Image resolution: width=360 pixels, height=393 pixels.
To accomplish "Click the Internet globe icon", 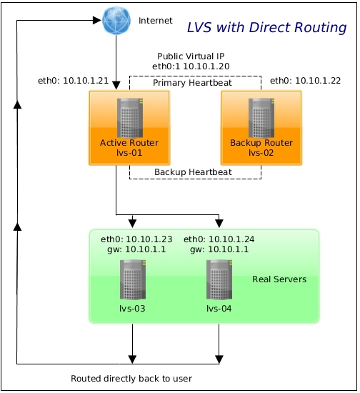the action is [116, 20].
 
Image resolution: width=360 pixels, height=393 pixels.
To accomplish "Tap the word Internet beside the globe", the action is [156, 21].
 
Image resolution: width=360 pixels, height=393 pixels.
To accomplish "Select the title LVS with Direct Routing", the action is [267, 27].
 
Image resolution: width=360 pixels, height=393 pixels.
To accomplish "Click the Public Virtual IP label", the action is [191, 56].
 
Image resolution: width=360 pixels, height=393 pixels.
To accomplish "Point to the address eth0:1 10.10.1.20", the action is [191, 66].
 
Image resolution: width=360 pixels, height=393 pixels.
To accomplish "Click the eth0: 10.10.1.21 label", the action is [73, 81].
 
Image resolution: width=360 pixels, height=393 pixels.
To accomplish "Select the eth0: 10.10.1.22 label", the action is [306, 81].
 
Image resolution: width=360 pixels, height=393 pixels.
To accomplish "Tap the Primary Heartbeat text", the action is [192, 83].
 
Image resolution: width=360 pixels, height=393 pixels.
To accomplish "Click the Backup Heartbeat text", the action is [193, 172].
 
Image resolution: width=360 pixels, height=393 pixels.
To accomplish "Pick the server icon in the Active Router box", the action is [130, 118].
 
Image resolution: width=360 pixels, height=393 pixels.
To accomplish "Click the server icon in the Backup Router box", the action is [261, 118].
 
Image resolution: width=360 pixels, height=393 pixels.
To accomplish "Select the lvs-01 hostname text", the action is [129, 153].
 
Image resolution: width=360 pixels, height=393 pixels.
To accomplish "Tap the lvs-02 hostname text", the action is [261, 153].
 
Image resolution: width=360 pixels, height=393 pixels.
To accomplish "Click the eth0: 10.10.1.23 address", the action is [136, 239].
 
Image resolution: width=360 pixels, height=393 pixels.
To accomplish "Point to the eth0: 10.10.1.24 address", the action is [219, 239].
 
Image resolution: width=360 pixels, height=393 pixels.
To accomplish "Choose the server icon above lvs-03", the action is [133, 279].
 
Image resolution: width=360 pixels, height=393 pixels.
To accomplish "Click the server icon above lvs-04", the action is [219, 279].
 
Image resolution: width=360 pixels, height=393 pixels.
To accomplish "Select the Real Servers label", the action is [279, 279].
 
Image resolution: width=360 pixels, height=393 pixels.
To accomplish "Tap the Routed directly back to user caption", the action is [131, 379].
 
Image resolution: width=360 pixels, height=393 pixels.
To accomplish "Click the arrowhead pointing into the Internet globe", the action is [97, 20].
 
